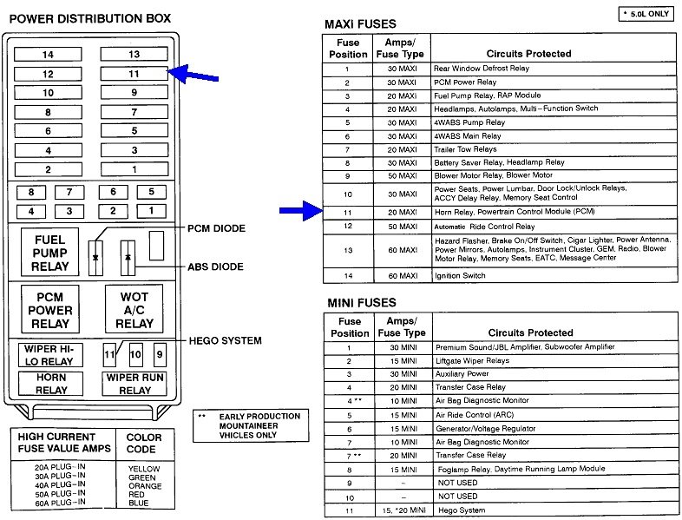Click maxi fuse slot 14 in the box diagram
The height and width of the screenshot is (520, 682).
coord(48,55)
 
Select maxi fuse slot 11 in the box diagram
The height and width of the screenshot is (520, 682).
coord(134,74)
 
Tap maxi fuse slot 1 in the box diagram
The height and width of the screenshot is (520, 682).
coord(134,169)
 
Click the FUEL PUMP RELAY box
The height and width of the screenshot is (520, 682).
coord(50,253)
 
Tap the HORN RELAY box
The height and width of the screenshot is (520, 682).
coord(50,385)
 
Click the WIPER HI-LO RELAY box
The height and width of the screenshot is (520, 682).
coord(50,355)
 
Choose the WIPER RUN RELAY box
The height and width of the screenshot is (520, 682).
coord(134,385)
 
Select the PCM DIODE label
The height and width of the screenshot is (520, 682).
coord(216,228)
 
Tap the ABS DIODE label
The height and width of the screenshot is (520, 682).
coord(216,267)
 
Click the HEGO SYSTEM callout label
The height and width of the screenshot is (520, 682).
coord(226,340)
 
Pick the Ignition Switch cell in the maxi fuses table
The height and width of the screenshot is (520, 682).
coord(461,276)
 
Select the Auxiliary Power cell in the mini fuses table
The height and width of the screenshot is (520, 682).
coord(463,374)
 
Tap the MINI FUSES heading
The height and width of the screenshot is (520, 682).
coord(361,303)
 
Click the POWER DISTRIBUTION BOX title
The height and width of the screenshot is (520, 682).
coord(89,17)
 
